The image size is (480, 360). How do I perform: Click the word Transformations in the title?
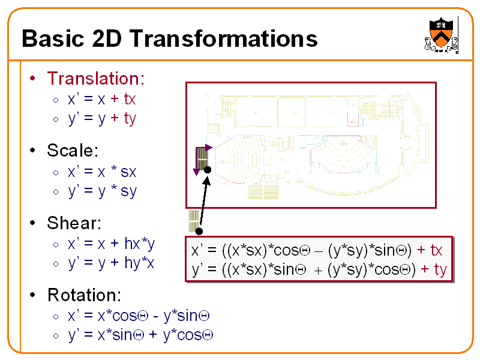pyautogui.click(x=223, y=39)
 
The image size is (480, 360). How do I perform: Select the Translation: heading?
pyautogui.click(x=95, y=79)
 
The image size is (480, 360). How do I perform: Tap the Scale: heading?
pyautogui.click(x=72, y=151)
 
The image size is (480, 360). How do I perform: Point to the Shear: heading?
pyautogui.click(x=74, y=223)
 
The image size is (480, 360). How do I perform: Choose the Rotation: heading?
pyautogui.click(x=84, y=295)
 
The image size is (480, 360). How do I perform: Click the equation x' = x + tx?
pyautogui.click(x=101, y=98)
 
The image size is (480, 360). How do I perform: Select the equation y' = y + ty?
pyautogui.click(x=101, y=118)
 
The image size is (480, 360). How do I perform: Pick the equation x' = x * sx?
pyautogui.click(x=101, y=172)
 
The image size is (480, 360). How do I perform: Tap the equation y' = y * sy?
pyautogui.click(x=101, y=191)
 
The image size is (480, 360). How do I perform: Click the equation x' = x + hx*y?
pyautogui.click(x=111, y=244)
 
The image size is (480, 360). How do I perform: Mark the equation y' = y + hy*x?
pyautogui.click(x=111, y=263)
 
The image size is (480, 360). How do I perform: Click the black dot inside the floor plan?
pyautogui.click(x=207, y=170)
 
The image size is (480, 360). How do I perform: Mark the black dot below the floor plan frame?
pyautogui.click(x=199, y=230)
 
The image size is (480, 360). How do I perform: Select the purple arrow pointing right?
pyautogui.click(x=205, y=147)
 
